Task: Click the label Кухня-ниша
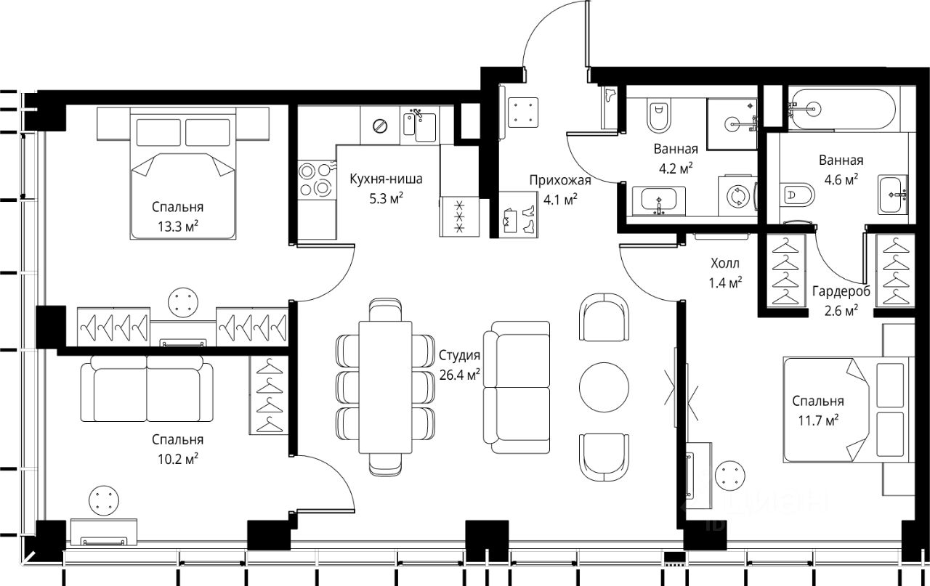click(386, 179)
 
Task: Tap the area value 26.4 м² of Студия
click(460, 375)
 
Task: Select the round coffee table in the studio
click(604, 387)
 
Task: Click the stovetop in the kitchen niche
click(317, 179)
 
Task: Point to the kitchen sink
click(420, 126)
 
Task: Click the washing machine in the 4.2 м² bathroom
click(738, 195)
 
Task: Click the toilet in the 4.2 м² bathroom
click(659, 115)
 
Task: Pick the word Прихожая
click(560, 180)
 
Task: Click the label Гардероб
click(841, 291)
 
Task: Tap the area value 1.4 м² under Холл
click(725, 282)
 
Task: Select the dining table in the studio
click(385, 387)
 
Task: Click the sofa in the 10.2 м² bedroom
click(147, 389)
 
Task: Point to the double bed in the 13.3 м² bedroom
click(183, 174)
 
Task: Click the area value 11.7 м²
click(818, 420)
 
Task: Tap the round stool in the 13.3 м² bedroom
click(183, 303)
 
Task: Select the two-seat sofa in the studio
click(517, 387)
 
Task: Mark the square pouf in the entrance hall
click(523, 112)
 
